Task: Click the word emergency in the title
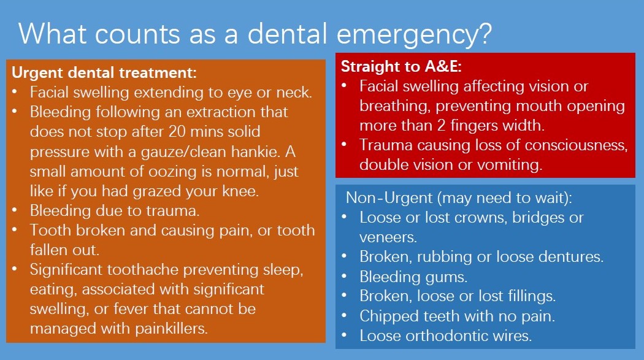415,34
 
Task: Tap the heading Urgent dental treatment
104,72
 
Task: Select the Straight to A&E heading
401,66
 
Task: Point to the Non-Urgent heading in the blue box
459,198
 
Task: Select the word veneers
388,237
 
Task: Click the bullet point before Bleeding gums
344,276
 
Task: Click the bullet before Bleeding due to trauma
14,210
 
